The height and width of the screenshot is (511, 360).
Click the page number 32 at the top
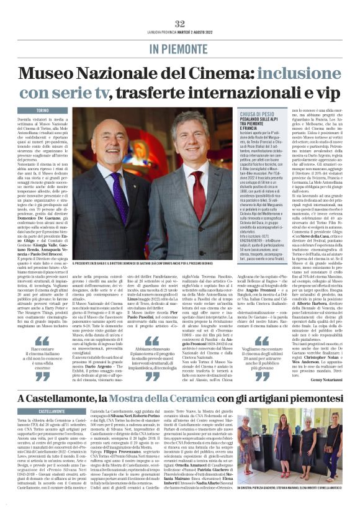(179, 24)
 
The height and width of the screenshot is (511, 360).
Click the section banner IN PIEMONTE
(179, 48)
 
